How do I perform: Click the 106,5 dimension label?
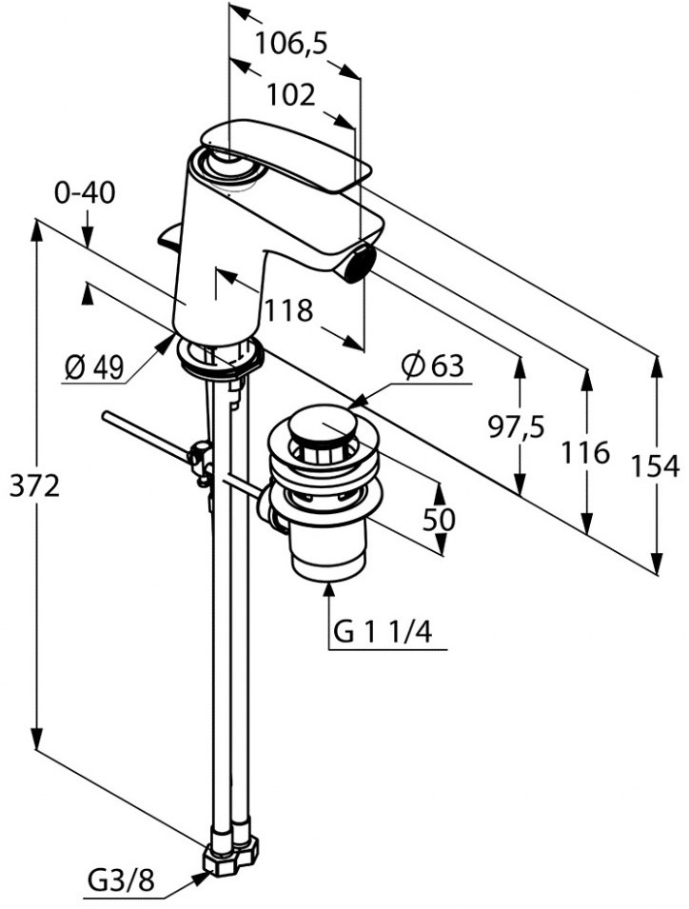[x=290, y=43]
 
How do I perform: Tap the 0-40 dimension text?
[x=85, y=193]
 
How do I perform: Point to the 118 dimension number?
[x=288, y=310]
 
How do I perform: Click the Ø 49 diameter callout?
[x=94, y=367]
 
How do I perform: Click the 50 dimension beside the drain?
[x=440, y=519]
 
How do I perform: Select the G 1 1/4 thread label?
[x=390, y=631]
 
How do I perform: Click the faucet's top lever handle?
[x=285, y=152]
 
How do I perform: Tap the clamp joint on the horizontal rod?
[x=202, y=459]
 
